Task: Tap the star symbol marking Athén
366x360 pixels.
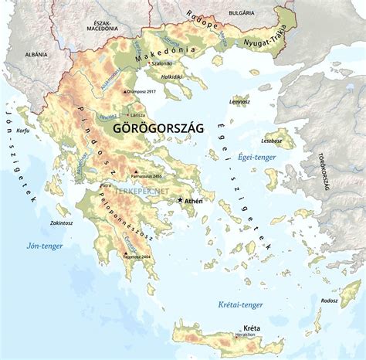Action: [x=181, y=200]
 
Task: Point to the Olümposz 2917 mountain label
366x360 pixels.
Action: [x=144, y=92]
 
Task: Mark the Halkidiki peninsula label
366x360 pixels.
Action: [x=170, y=77]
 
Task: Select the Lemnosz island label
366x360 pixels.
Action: [x=240, y=101]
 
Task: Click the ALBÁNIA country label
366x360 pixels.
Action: [x=36, y=55]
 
